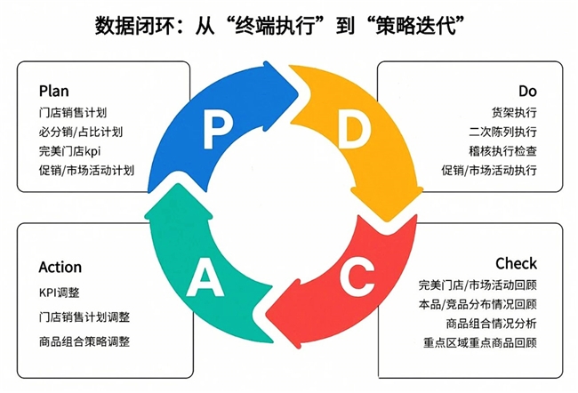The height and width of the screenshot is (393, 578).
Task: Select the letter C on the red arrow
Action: [354, 277]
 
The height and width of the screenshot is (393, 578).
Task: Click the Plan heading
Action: [53, 91]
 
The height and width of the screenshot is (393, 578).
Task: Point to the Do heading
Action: [528, 91]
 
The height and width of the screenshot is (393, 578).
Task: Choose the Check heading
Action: [516, 263]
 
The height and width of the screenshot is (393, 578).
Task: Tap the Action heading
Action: [60, 267]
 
